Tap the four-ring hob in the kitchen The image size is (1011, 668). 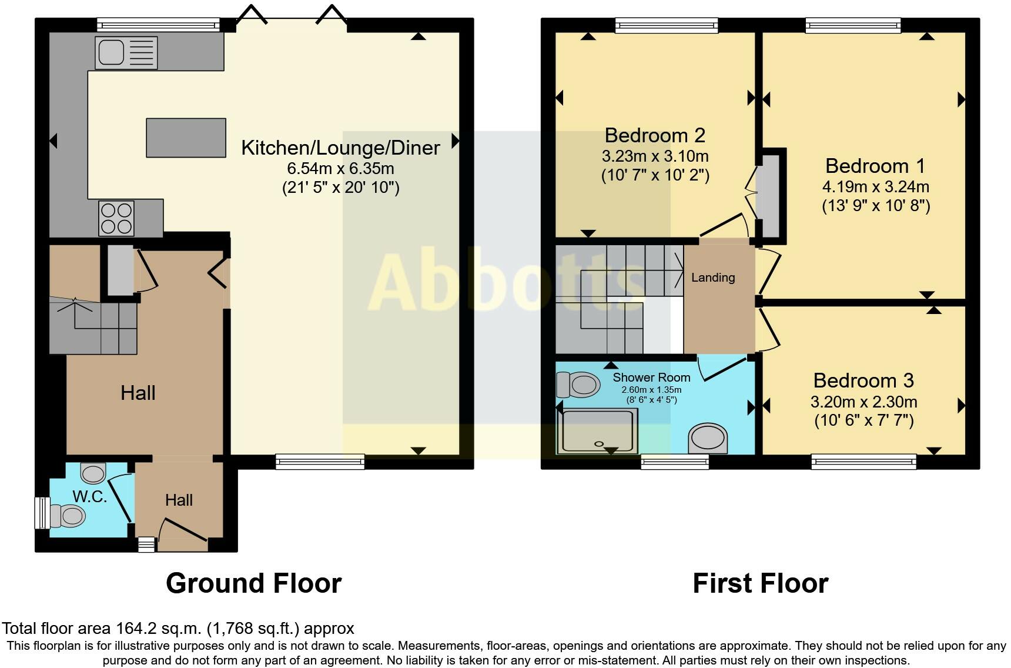click(x=116, y=218)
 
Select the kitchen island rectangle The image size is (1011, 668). click(x=186, y=138)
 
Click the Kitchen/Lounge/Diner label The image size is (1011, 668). click(x=340, y=148)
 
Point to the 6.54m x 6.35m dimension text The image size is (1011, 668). click(x=340, y=169)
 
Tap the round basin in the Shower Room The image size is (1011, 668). click(x=708, y=439)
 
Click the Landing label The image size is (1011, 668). click(x=712, y=278)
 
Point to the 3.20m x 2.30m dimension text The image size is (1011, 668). click(x=863, y=402)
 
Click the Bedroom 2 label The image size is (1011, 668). click(x=655, y=135)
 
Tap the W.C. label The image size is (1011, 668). click(x=90, y=497)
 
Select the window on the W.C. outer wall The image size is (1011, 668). click(x=42, y=513)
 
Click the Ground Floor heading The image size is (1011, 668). click(x=253, y=583)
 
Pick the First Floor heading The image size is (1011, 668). click(x=760, y=583)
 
